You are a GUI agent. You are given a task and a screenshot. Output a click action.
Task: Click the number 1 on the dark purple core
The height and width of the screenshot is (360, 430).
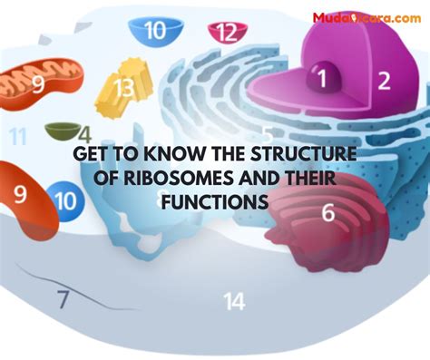pos(320,78)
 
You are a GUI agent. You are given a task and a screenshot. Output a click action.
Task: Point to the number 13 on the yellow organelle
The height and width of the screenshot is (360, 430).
pos(123,88)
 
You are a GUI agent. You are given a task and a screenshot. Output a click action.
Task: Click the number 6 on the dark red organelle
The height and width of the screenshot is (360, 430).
pos(327,214)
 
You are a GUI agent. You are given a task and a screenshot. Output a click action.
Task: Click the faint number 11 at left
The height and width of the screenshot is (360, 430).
pos(18,138)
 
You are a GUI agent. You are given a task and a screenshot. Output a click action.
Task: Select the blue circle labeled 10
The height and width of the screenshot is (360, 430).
pos(65,199)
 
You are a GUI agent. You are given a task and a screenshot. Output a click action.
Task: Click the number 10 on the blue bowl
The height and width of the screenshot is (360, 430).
pos(155,32)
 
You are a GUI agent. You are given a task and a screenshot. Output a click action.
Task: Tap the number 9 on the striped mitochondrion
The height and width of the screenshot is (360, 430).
pos(37,85)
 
